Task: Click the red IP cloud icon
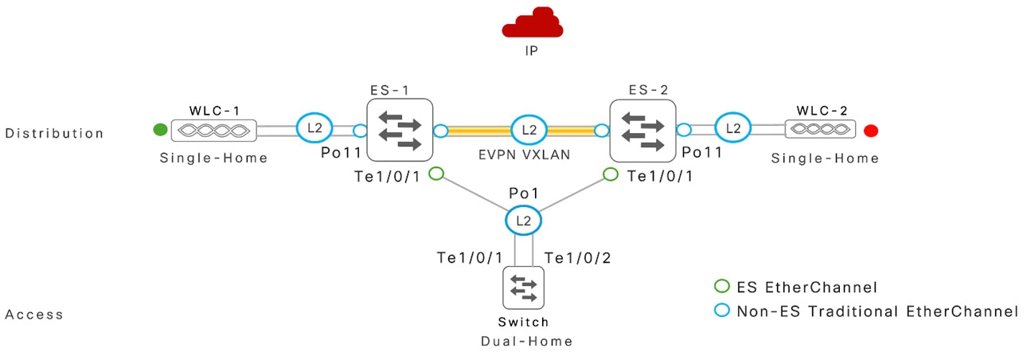pos(533,26)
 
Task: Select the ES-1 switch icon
pos(399,131)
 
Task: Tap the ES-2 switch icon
pos(640,131)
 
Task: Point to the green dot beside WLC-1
pos(160,129)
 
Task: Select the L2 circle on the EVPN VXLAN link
pos(524,129)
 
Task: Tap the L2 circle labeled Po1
pos(523,221)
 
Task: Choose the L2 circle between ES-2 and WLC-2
pos(733,128)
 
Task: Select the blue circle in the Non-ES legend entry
pos(722,311)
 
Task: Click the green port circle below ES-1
pos(435,173)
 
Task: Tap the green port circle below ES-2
pos(611,173)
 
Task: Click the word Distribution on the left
pos(54,133)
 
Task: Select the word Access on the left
pos(34,315)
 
